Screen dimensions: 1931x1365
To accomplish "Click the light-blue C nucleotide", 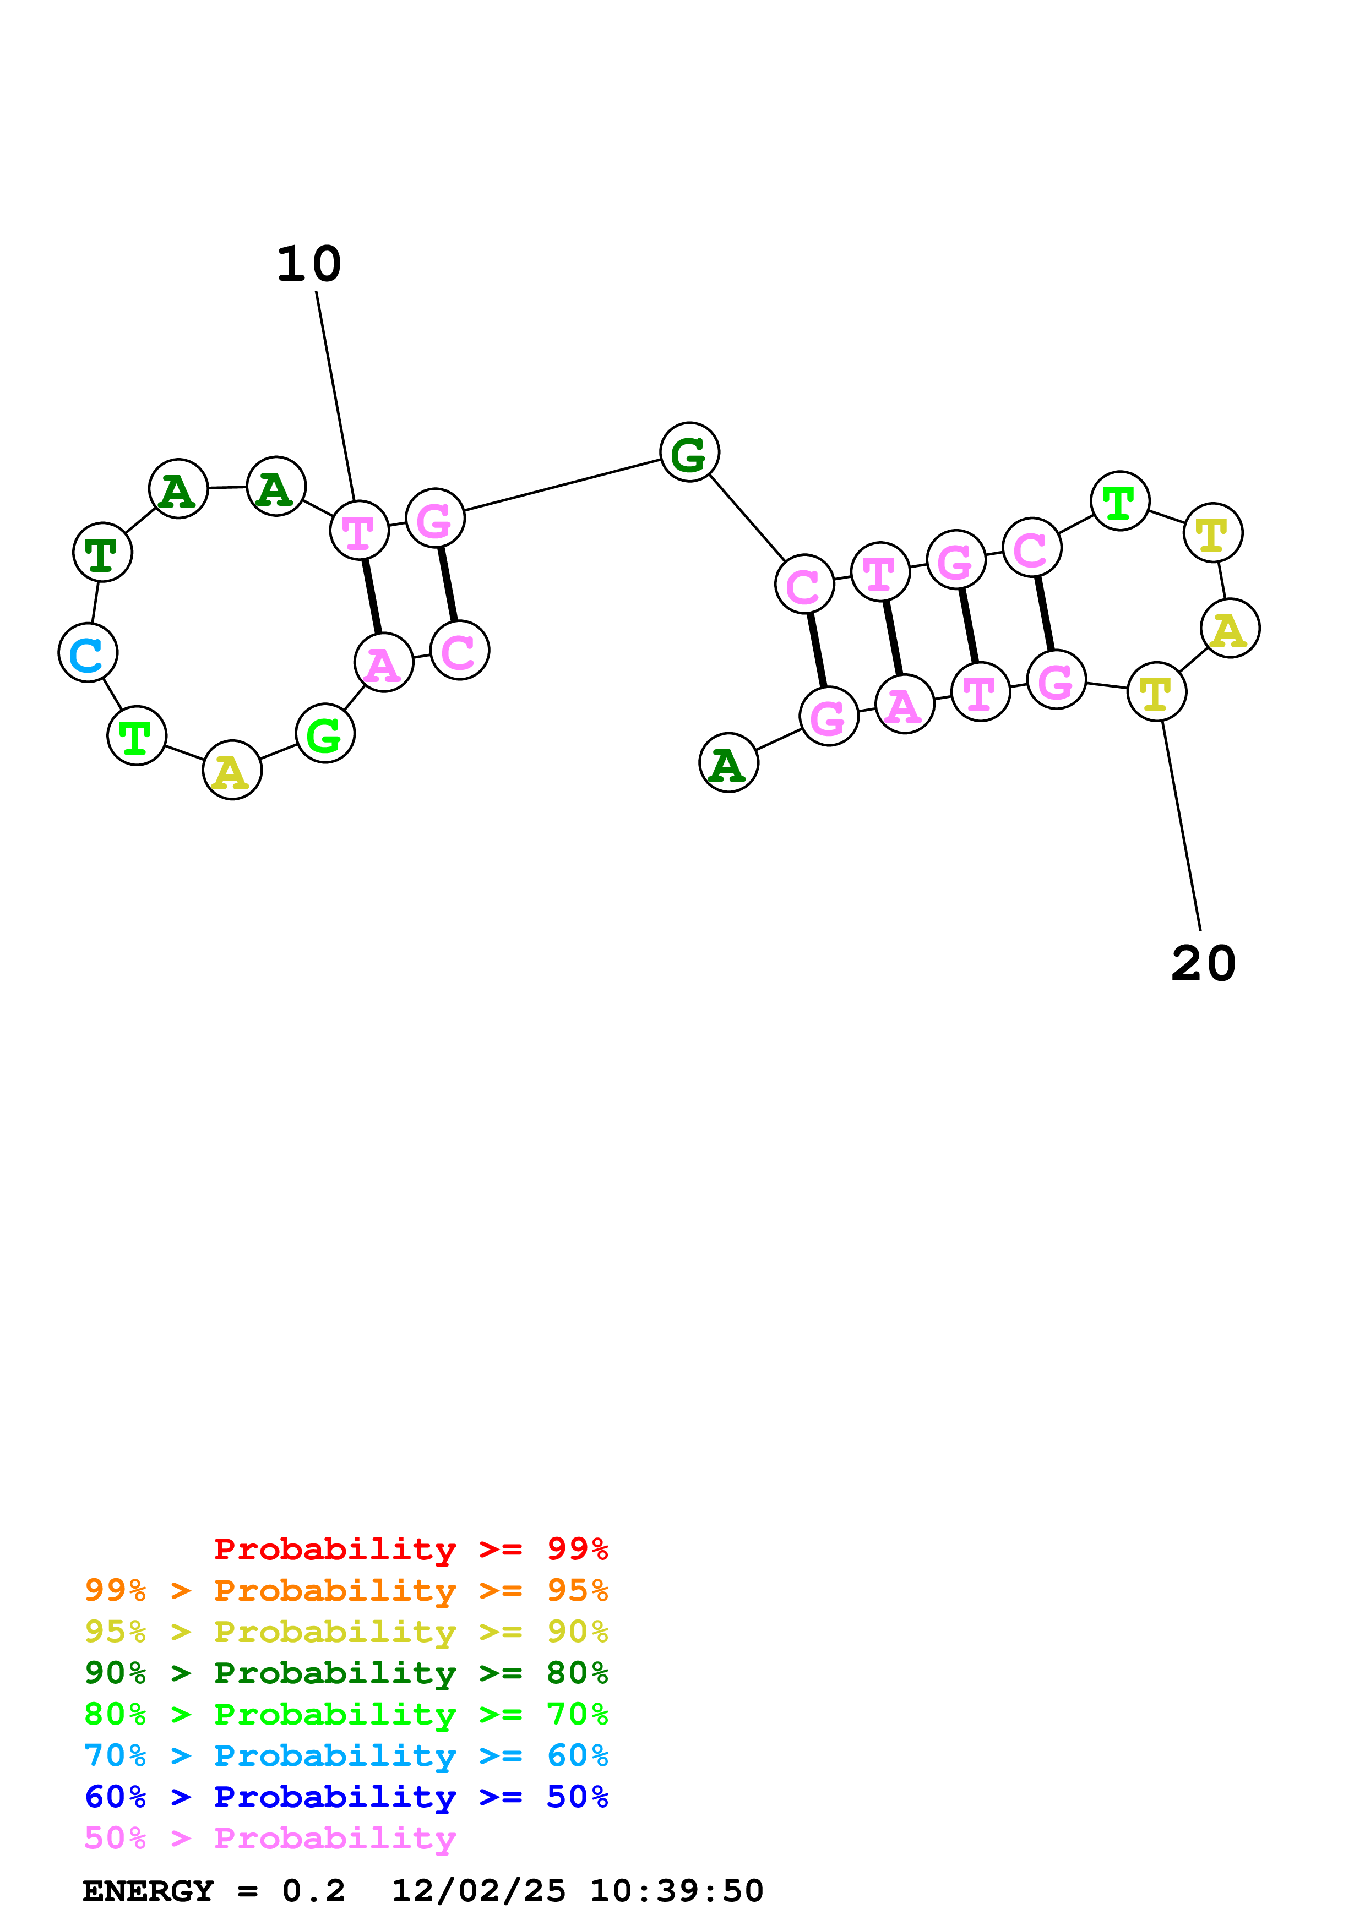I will (x=88, y=653).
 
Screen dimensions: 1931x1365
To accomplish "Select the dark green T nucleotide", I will (x=102, y=553).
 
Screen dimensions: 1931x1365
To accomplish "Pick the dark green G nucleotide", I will (x=689, y=452).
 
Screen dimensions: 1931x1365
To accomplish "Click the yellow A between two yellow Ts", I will (x=1230, y=629).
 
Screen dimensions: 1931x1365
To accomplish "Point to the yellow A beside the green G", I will (x=232, y=771).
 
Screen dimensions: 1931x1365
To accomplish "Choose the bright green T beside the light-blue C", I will (x=136, y=736).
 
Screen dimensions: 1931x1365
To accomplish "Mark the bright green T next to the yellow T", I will (x=1119, y=501).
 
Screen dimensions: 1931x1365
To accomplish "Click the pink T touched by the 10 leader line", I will (x=359, y=531).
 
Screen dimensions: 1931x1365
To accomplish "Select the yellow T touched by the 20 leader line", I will (x=1156, y=692).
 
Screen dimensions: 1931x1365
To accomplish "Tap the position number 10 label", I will (x=309, y=264).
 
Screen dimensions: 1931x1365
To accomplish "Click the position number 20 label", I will (x=1203, y=964).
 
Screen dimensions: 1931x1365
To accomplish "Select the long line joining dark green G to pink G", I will (x=562, y=486).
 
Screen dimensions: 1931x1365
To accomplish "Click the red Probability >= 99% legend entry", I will (x=410, y=1549).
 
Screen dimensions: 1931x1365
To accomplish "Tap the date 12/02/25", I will (x=478, y=1891).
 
